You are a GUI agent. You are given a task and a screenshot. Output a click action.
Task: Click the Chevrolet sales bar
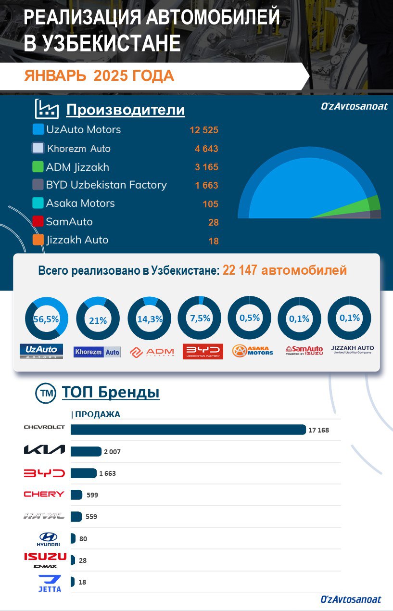(188, 430)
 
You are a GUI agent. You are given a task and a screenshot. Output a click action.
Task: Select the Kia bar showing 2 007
(86, 451)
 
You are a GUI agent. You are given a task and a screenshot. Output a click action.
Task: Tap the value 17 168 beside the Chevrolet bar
(318, 430)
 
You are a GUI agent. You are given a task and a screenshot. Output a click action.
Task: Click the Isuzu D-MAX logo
(46, 560)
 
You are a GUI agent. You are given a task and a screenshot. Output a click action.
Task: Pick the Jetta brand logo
(50, 583)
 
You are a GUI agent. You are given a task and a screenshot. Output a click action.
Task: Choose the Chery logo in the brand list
(44, 494)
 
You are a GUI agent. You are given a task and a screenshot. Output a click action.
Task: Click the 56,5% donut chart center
(46, 318)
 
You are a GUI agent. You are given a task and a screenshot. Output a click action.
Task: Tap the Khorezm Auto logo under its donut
(97, 352)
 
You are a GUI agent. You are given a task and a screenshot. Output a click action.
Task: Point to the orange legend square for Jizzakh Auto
(38, 240)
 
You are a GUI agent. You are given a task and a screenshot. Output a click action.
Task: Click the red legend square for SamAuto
(38, 222)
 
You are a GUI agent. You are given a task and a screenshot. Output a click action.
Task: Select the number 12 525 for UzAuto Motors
(204, 130)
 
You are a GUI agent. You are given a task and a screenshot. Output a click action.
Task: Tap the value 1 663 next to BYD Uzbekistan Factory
(206, 185)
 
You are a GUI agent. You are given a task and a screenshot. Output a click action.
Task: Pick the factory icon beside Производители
(47, 109)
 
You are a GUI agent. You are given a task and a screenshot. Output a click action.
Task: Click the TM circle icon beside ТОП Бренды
(46, 393)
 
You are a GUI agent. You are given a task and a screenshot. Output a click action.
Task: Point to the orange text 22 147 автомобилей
(284, 270)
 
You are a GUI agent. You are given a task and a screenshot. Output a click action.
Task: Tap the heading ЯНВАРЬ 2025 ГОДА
(99, 76)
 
